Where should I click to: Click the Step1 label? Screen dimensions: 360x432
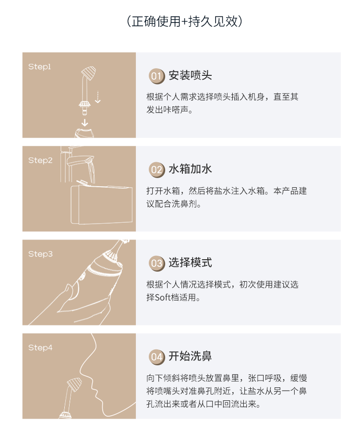click(40, 67)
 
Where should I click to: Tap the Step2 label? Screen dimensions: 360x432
click(40, 160)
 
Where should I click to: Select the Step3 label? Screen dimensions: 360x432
click(40, 254)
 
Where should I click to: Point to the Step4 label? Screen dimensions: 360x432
click(40, 348)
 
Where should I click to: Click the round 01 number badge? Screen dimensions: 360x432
click(156, 76)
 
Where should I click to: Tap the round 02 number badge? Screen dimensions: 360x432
click(156, 169)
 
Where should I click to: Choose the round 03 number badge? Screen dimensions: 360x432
click(156, 263)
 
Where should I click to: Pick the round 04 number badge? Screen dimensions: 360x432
click(156, 357)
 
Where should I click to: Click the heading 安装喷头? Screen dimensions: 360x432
click(191, 75)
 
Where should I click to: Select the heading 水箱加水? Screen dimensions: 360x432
click(191, 169)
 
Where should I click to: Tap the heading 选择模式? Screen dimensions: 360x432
click(191, 263)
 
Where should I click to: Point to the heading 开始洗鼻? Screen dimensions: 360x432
click(191, 356)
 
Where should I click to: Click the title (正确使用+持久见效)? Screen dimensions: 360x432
click(184, 21)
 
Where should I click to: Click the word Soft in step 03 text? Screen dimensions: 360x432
click(163, 298)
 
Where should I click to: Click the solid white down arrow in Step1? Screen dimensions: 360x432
click(85, 122)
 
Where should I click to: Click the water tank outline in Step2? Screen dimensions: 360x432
click(102, 204)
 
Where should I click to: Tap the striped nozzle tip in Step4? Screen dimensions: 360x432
click(74, 384)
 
